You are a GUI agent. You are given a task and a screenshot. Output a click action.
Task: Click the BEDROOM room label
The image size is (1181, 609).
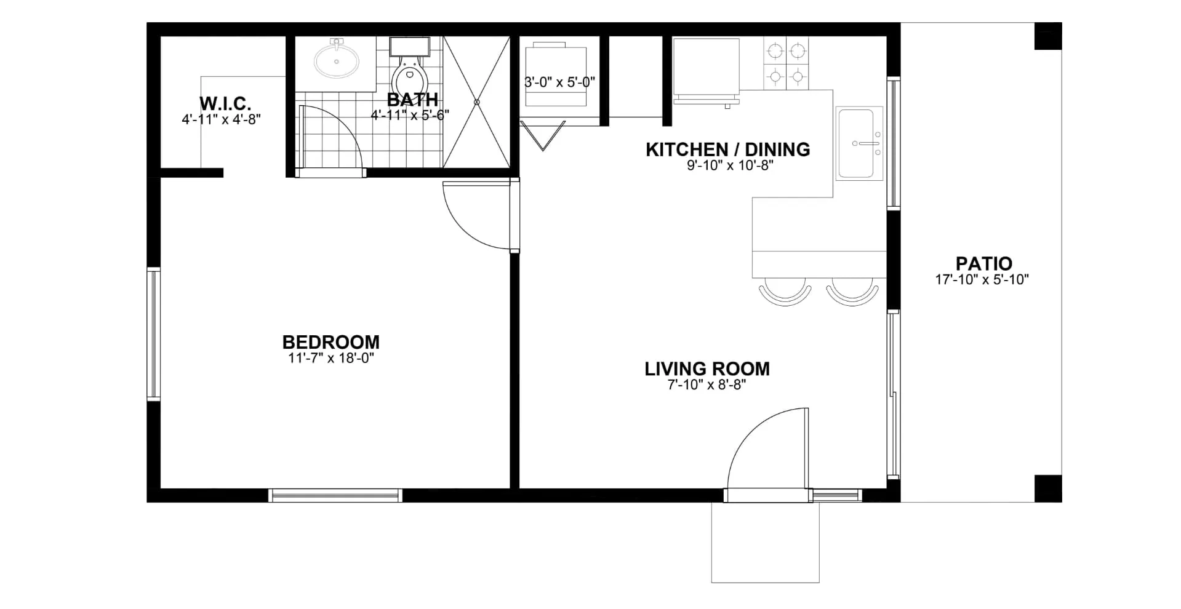click(330, 342)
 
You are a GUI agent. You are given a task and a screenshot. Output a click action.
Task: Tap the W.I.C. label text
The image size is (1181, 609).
click(225, 103)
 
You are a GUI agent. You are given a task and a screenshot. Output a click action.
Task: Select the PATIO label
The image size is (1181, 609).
click(983, 263)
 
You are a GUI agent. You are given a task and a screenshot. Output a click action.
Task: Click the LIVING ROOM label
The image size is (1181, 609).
click(707, 368)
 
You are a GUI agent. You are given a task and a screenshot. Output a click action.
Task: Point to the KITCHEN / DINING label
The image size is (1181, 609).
click(728, 149)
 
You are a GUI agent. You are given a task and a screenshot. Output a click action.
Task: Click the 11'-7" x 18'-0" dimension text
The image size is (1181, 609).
click(331, 358)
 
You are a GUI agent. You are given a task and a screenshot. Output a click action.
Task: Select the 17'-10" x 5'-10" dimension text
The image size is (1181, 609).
click(982, 280)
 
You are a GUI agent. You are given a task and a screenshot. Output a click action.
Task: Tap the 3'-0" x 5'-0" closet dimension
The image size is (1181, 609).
click(559, 82)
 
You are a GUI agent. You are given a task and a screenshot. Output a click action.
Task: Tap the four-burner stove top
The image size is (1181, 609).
click(786, 63)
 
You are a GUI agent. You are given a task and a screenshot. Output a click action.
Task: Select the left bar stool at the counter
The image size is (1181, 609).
click(785, 292)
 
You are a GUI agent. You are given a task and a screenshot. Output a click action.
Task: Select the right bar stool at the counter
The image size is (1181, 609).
click(852, 292)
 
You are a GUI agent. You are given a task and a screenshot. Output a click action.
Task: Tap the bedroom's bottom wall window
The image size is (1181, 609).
click(335, 495)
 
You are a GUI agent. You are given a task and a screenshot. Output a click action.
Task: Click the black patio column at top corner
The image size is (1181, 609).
click(1047, 36)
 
